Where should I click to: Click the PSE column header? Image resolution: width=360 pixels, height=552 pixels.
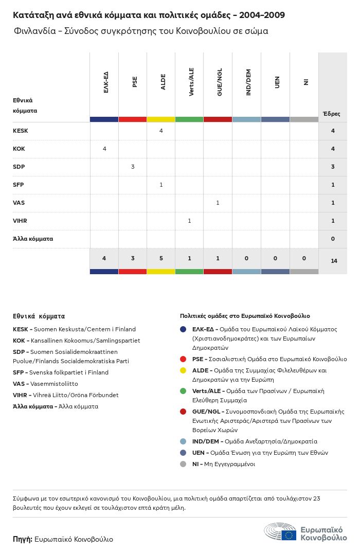(x=135, y=82)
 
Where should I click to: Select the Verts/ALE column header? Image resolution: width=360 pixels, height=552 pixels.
(x=191, y=82)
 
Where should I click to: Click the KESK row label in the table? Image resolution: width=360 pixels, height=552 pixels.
(x=21, y=131)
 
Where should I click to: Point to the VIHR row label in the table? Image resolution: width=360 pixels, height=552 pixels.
(x=20, y=221)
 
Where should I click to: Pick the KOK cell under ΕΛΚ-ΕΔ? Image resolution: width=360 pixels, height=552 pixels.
(x=104, y=149)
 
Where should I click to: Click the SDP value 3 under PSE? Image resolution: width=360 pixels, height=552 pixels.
(x=133, y=167)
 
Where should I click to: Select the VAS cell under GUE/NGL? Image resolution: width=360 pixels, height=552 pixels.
(x=218, y=203)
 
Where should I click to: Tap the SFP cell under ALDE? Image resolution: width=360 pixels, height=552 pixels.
(x=161, y=185)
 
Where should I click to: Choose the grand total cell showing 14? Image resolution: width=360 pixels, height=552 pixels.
(x=334, y=261)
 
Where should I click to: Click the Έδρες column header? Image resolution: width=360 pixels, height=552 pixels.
(x=331, y=114)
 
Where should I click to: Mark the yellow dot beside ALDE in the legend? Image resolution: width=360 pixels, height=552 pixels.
(x=183, y=370)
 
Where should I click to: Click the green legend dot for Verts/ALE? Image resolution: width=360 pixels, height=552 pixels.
(x=183, y=391)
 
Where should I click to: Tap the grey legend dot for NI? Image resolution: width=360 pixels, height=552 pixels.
(x=183, y=464)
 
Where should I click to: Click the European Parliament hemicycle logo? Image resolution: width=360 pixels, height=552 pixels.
(x=280, y=531)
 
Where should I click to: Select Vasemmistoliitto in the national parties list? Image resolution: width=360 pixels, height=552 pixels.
(x=56, y=383)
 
